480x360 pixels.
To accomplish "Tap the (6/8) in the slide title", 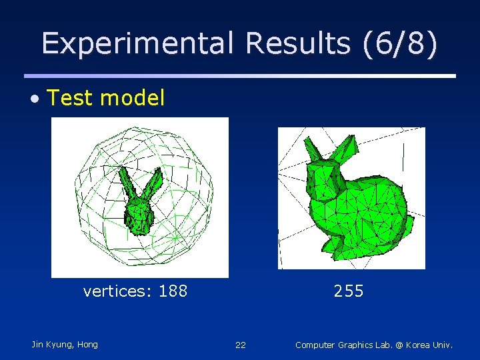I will coord(401,43).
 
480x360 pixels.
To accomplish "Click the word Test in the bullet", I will coord(71,99).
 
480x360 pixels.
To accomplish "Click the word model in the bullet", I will coord(132,99).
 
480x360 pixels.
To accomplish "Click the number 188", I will coord(173,291).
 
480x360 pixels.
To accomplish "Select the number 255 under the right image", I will coord(349,291).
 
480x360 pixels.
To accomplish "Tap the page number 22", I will coord(241,345).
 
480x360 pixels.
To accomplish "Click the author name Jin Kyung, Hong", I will coord(65,345).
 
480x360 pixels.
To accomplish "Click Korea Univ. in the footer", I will coord(427,345).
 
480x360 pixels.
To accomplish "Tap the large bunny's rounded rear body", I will coord(387,207).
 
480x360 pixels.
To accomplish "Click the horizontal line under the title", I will coord(240,76).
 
